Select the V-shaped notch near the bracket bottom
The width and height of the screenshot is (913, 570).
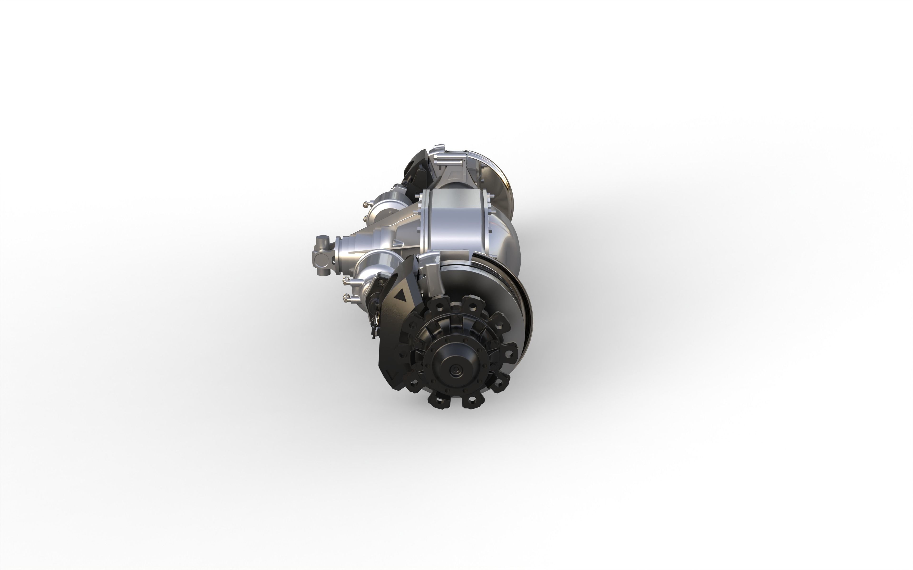(x=392, y=375)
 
